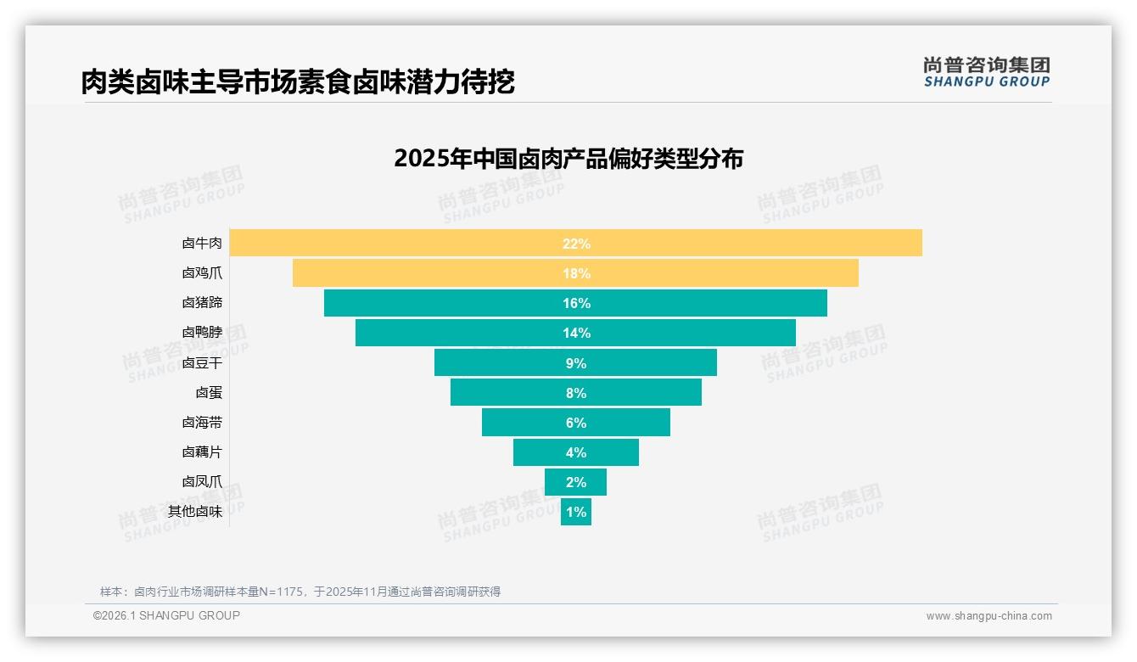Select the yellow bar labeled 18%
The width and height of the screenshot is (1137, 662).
(424, 273)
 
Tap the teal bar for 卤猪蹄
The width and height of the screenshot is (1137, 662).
(441, 303)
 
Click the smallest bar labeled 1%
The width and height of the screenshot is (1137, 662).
(575, 512)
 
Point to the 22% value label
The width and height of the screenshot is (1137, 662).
(575, 244)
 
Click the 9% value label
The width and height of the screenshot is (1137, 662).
(575, 363)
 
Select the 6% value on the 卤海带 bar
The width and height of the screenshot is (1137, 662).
(575, 423)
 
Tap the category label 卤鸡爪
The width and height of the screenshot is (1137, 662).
(202, 273)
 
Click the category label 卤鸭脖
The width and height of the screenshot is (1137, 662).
(202, 333)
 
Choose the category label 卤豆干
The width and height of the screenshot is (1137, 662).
(202, 362)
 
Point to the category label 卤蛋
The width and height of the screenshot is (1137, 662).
(209, 392)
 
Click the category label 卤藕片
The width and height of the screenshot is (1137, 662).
(202, 452)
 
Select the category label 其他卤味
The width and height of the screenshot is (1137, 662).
(195, 512)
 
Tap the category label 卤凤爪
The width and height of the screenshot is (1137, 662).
(202, 482)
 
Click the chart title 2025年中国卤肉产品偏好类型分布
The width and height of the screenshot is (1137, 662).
(568, 159)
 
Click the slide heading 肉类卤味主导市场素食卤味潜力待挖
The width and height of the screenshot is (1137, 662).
(298, 82)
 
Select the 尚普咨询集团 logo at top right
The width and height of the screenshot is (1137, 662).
(986, 72)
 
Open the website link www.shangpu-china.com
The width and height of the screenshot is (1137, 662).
(989, 616)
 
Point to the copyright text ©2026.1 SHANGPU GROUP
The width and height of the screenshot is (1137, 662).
(166, 615)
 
